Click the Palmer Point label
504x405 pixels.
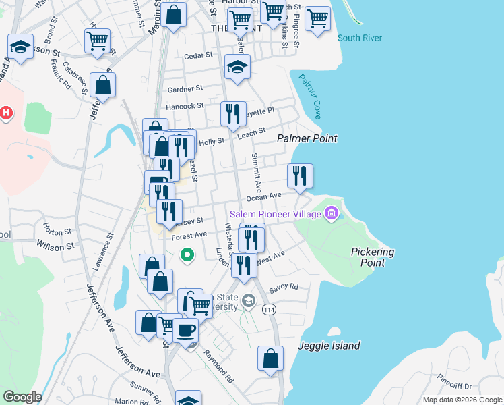pyautogui.click(x=307, y=138)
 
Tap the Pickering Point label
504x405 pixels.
pyautogui.click(x=373, y=256)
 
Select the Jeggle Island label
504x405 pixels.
pyautogui.click(x=329, y=346)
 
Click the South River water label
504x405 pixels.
pyautogui.click(x=360, y=38)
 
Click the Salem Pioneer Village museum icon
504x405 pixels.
pyautogui.click(x=331, y=214)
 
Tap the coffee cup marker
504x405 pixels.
pyautogui.click(x=185, y=330)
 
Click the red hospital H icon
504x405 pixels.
pyautogui.click(x=6, y=113)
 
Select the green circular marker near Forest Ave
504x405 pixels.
pyautogui.click(x=188, y=255)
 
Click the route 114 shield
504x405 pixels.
pyautogui.click(x=270, y=309)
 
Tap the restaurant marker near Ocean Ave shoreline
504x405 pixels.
pyautogui.click(x=300, y=175)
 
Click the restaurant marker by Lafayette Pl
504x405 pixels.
pyautogui.click(x=233, y=113)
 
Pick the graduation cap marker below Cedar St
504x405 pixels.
pyautogui.click(x=237, y=66)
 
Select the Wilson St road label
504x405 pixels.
pyautogui.click(x=55, y=247)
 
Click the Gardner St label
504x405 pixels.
pyautogui.click(x=185, y=88)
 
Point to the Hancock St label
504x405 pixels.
pyautogui.click(x=185, y=106)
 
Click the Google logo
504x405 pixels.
pyautogui.click(x=22, y=397)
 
